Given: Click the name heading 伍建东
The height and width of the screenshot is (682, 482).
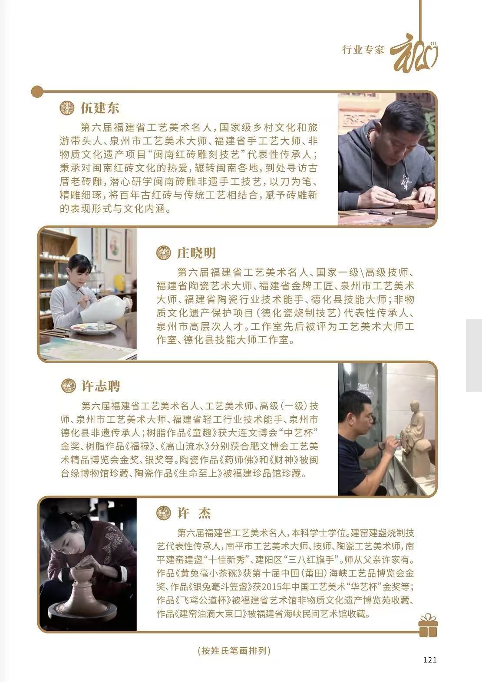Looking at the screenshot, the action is click(99, 108).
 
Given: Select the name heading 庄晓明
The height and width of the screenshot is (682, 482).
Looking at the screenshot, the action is click(196, 253).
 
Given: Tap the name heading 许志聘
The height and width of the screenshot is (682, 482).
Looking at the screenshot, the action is click(101, 386).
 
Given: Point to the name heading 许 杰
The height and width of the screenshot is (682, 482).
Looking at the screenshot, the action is click(194, 513).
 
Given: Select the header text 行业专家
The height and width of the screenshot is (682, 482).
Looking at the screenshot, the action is click(363, 49).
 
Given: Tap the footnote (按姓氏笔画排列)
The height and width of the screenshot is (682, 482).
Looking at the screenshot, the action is click(234, 651).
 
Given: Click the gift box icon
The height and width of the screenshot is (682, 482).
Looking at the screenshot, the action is click(428, 625).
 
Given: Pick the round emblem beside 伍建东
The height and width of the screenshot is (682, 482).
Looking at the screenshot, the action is click(67, 108).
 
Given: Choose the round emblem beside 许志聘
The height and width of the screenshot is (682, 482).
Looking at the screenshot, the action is click(68, 386).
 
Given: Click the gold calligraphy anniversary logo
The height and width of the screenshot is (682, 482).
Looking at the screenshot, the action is click(414, 56).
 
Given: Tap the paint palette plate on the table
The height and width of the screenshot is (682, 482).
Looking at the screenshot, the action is click(93, 328).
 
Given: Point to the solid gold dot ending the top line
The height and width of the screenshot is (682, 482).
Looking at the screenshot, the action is click(37, 92).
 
